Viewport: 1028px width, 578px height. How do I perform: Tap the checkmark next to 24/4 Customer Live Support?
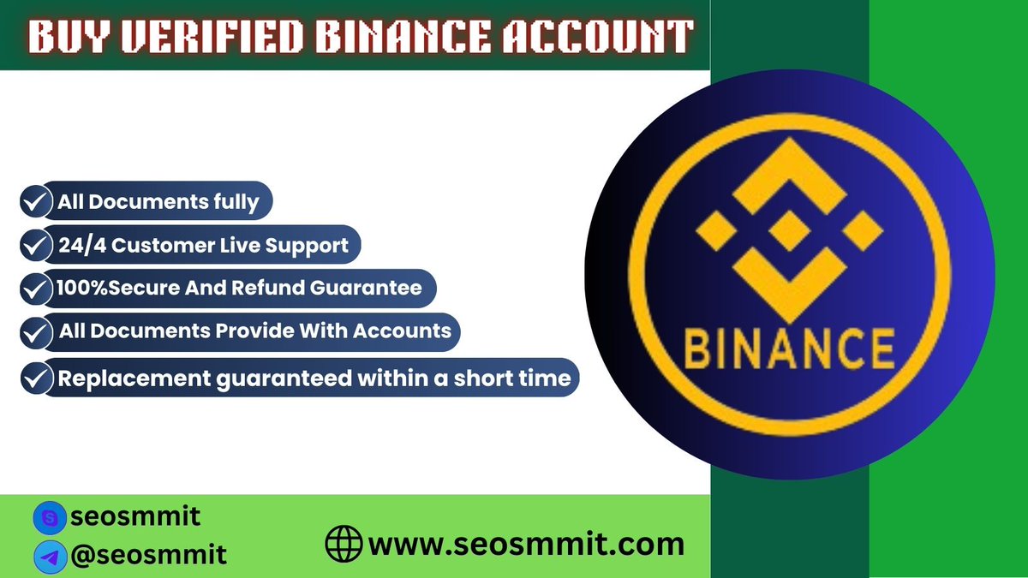click(x=34, y=246)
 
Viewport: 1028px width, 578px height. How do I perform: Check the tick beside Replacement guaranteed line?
click(x=34, y=377)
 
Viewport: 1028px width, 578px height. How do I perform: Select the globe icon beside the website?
click(x=344, y=544)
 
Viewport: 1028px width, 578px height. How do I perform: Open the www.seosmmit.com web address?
click(x=526, y=544)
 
